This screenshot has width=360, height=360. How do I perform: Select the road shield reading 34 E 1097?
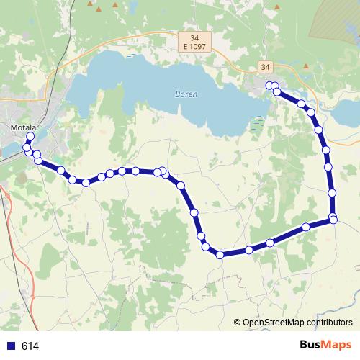pos(192,42)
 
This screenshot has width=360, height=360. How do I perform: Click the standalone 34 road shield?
pos(266,67)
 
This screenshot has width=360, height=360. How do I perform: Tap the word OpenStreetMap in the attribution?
pos(274,323)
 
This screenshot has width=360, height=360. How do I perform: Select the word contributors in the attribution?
pos(329,323)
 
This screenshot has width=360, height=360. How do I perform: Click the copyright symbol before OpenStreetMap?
pos(238,323)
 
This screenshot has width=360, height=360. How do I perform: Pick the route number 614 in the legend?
pos(30,346)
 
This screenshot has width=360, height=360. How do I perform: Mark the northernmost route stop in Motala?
pos(30,136)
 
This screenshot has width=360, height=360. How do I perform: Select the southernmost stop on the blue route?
pos(220,254)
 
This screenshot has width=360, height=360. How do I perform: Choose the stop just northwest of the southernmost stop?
pos(207,247)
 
